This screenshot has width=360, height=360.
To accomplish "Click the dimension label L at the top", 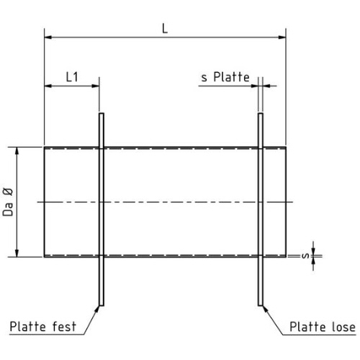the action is (x=165, y=29).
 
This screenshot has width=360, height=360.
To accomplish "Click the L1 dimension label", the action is (x=72, y=77).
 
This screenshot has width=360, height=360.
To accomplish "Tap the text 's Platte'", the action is (x=225, y=77).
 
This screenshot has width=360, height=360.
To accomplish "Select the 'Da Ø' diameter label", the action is (x=8, y=202).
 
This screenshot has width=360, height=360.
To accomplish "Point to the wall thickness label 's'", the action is (x=305, y=256).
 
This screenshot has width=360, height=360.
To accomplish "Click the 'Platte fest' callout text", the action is (x=43, y=327).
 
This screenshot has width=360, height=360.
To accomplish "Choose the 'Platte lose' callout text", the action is (x=323, y=327).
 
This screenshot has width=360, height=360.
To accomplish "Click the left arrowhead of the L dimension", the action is (x=48, y=37).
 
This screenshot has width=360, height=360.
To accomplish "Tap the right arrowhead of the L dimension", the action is (x=282, y=37).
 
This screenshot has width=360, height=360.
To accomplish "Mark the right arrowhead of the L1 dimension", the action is (x=96, y=86).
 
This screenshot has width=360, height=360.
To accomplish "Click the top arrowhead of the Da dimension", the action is (x=17, y=151).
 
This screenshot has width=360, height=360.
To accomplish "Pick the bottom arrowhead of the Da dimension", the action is (x=17, y=253).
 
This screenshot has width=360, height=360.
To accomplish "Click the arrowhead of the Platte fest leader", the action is (x=97, y=309).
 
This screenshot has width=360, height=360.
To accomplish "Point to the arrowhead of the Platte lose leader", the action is (x=265, y=309).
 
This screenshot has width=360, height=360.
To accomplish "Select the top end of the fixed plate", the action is (x=102, y=113).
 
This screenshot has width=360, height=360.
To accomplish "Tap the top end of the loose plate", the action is (x=261, y=113).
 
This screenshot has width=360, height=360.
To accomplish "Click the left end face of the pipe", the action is (x=45, y=202).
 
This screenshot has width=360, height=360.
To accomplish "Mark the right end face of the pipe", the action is (x=286, y=202).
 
